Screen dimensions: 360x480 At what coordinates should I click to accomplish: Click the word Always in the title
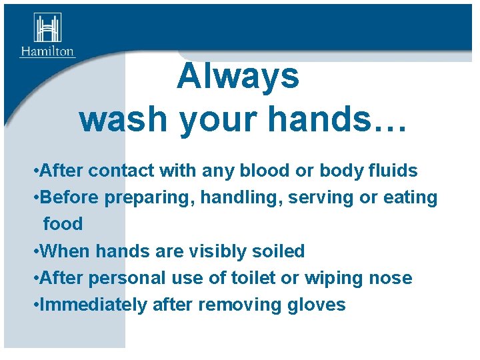click(238, 76)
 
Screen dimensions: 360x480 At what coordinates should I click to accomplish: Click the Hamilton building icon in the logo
click(47, 29)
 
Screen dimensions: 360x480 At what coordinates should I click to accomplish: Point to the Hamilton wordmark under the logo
click(47, 51)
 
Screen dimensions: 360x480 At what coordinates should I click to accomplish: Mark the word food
click(63, 224)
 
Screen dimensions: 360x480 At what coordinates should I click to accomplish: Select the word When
click(65, 251)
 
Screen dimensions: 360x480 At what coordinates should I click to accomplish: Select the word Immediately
click(93, 305)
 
